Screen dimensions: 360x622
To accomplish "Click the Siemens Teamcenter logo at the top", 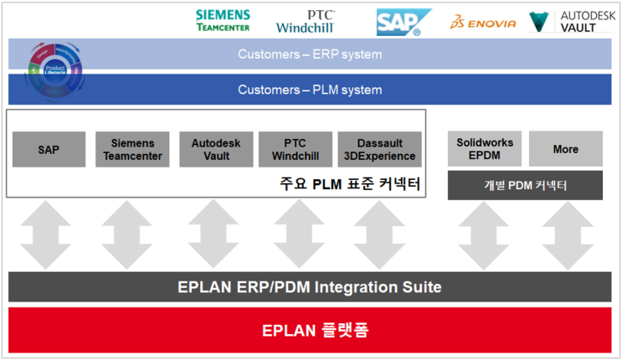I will [x=223, y=21].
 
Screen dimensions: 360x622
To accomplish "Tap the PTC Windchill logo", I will [x=306, y=21].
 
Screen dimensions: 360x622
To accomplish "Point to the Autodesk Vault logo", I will [x=573, y=21].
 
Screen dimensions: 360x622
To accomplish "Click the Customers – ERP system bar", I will [x=310, y=55].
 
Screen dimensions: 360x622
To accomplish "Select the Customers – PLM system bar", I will [x=310, y=90].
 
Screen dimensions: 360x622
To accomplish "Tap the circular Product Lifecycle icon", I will [x=55, y=69].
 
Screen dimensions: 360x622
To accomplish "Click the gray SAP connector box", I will [x=49, y=149].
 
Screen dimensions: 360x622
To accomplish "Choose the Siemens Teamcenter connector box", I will [x=132, y=149].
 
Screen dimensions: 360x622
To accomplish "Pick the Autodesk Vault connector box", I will [x=215, y=149].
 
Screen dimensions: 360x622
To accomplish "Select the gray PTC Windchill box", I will [x=296, y=149].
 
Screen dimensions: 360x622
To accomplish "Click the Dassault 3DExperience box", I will [x=379, y=149].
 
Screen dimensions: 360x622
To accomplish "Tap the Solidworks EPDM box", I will [x=485, y=149].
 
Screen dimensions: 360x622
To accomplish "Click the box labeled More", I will [x=565, y=149].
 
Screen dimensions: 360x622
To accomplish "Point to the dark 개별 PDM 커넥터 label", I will [x=525, y=185].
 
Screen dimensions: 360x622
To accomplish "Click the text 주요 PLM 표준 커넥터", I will [x=349, y=183].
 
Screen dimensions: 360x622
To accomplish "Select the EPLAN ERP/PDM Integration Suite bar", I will [x=310, y=287].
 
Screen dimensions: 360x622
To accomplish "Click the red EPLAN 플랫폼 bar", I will [x=310, y=330].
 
